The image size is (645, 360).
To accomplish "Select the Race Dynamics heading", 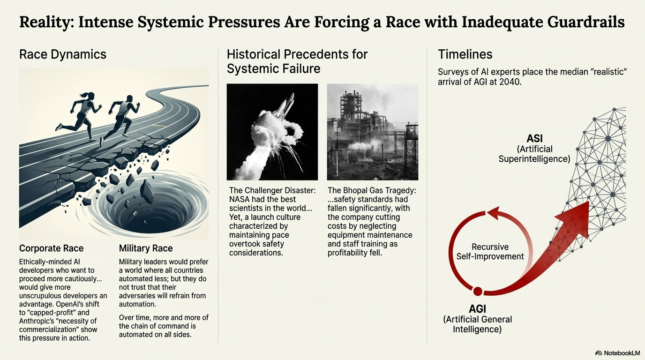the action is [x=63, y=54].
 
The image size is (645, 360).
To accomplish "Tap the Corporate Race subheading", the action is [x=51, y=248].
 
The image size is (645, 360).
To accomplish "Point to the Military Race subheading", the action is [x=146, y=248].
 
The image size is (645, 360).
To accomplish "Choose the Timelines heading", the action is [x=465, y=54].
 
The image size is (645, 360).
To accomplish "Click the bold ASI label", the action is [x=534, y=139].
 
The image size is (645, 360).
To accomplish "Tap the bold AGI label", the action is [x=477, y=309].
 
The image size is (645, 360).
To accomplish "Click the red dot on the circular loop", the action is [x=478, y=292].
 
